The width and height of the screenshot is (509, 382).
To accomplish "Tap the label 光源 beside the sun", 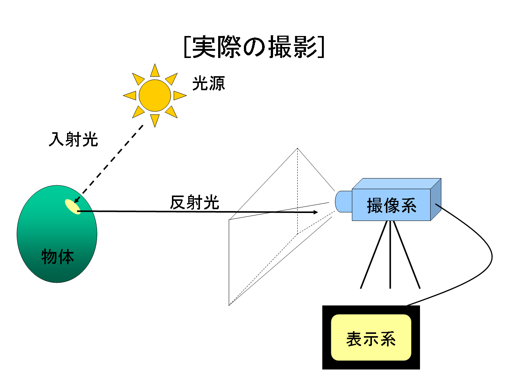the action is pos(208,83).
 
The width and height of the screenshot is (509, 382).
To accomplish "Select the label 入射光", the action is pos(73,139).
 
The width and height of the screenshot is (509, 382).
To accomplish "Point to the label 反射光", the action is pos(194,202).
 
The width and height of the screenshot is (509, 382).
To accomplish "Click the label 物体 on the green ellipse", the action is pos(58,257).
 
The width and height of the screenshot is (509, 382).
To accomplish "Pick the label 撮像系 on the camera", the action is pos(392,205).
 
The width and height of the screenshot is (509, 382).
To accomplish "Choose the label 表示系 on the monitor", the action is pos(371,339).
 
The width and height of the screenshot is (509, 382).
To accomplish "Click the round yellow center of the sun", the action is pos(155,95).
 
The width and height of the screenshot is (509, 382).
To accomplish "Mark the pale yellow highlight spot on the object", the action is pos(73,207).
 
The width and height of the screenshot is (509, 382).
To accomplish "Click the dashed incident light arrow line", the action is pos(109,164).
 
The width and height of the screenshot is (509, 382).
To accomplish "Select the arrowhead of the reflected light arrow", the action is pos(315,212).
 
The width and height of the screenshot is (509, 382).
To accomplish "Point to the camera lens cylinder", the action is pos(343,202).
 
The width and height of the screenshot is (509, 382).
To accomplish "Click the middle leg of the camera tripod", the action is pos(390,254).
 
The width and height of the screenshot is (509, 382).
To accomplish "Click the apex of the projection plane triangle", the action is pos(297,148).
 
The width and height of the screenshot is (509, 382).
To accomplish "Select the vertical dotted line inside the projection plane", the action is pos(298,191).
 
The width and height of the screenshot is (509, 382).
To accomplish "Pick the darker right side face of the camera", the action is pos(436,199).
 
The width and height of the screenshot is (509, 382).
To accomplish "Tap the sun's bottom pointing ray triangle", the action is pos(155,121).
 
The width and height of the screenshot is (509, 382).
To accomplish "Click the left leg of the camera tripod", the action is pos(374,254).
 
